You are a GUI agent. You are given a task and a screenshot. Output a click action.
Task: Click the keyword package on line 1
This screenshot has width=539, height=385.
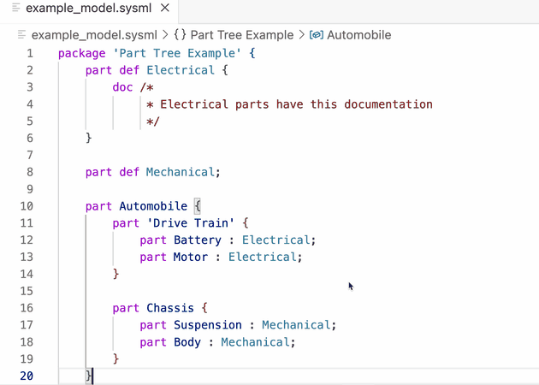(82, 53)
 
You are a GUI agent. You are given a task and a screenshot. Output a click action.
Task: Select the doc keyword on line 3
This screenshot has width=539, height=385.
(122, 87)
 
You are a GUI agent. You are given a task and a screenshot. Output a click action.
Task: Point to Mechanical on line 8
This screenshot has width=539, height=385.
(180, 172)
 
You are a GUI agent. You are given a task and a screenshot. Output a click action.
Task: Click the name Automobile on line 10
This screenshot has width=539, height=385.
(153, 206)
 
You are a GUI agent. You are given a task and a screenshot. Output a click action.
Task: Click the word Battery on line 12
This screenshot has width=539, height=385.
(198, 240)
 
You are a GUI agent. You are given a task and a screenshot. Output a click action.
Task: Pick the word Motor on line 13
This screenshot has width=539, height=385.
(191, 257)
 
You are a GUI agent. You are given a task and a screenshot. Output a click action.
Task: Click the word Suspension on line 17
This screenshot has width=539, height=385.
(208, 325)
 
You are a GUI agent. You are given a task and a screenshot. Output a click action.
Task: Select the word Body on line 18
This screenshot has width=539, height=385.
(187, 342)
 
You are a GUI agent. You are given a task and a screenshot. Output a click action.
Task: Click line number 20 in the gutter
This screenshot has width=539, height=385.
(26, 376)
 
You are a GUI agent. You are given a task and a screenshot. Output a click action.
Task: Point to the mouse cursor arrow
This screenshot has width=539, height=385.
(351, 287)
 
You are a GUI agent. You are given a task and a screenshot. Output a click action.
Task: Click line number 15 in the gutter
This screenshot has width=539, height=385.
(26, 291)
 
